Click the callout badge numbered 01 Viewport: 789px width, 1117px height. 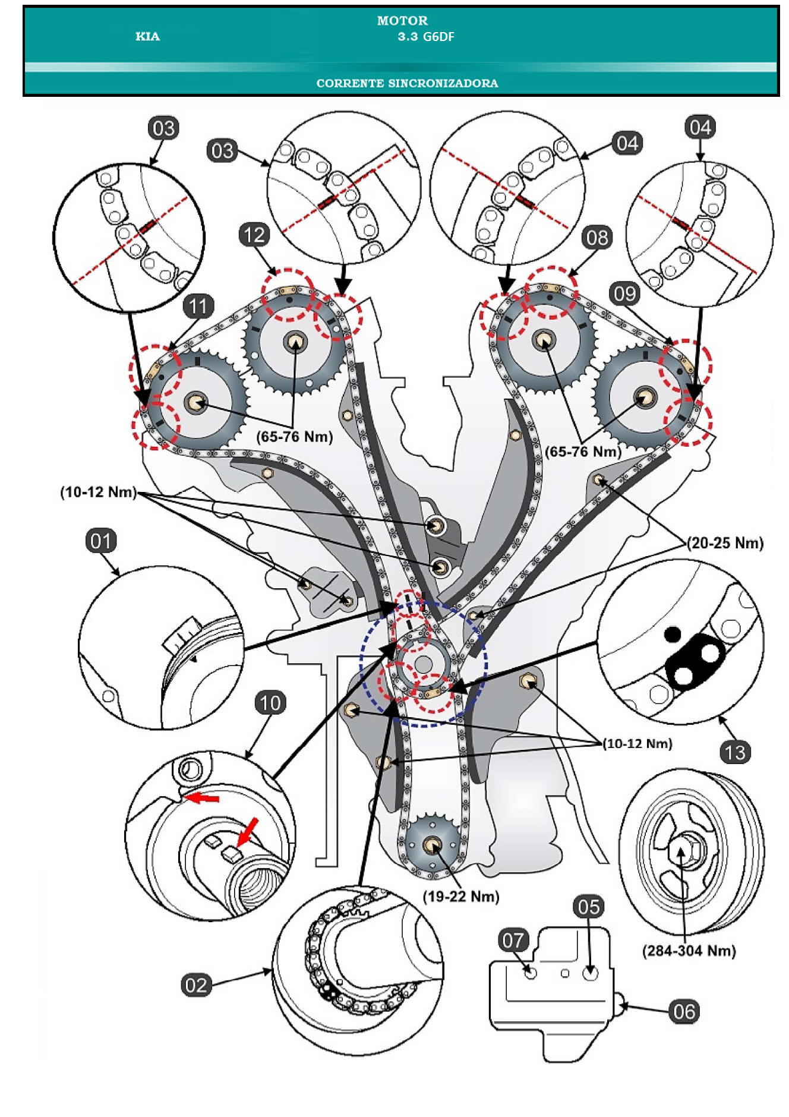click(100, 541)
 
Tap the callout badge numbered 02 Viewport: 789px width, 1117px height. click(196, 985)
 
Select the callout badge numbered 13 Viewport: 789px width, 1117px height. click(735, 752)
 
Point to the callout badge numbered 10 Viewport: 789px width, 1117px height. click(270, 703)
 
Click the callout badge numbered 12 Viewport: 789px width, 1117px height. click(254, 235)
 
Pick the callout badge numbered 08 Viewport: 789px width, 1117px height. click(597, 238)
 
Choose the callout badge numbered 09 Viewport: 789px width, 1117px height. click(625, 294)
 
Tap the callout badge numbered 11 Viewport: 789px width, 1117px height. click(198, 306)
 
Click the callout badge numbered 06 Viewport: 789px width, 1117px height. click(684, 1011)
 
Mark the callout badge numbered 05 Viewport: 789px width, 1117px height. click(589, 907)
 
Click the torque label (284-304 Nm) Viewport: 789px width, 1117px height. click(689, 951)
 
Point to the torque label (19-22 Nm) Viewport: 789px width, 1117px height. click(461, 896)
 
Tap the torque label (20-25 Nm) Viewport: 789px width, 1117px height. click(725, 542)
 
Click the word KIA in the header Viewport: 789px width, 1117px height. click(147, 36)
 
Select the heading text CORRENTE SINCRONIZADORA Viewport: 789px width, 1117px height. click(407, 83)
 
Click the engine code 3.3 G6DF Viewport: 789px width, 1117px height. click(426, 36)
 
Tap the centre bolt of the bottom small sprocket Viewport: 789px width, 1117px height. click(433, 844)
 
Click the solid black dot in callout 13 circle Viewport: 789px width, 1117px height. click(672, 634)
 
